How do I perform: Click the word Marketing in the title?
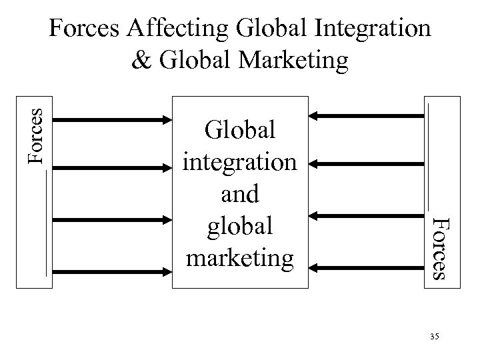(288, 60)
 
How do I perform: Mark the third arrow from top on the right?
(368, 215)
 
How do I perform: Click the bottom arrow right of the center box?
(368, 268)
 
